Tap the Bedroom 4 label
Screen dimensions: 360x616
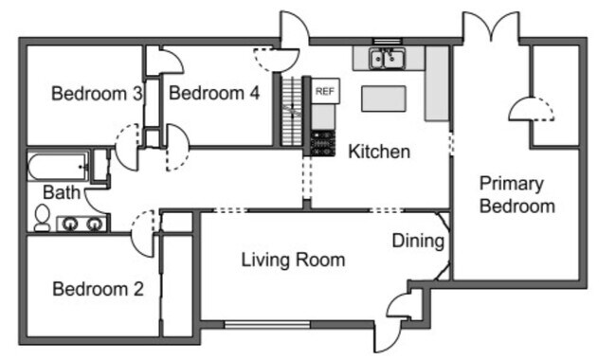tap(214, 94)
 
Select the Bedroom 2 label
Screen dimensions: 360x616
tap(98, 289)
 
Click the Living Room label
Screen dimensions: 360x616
tap(293, 260)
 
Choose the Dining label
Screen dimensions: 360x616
tap(418, 242)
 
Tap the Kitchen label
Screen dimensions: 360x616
tap(379, 152)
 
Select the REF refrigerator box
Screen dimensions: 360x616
tap(324, 91)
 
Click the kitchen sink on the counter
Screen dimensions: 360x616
tap(388, 60)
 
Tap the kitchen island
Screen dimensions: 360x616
tap(383, 98)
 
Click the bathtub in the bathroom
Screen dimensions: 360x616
tap(58, 168)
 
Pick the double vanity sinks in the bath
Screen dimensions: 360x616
tap(82, 225)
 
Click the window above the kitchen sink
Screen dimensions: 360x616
tap(388, 42)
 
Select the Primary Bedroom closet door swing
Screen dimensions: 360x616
tap(531, 111)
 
